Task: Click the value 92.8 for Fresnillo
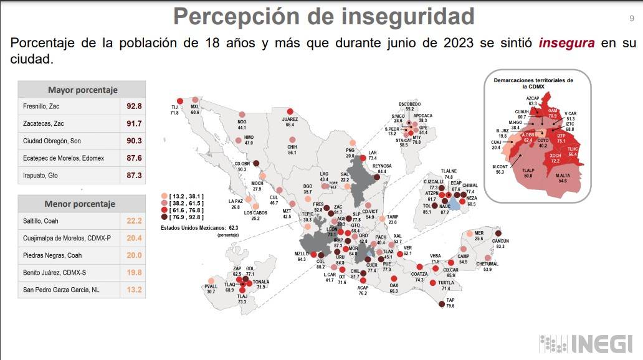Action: pos(132,106)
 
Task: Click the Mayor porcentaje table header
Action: pos(82,90)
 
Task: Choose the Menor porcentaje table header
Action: pos(80,204)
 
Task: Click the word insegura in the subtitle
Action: pos(566,44)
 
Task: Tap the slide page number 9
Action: pos(631,19)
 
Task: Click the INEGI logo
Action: pos(586,344)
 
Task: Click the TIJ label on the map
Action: pos(174,108)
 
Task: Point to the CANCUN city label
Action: pos(500,240)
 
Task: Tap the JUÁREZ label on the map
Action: pos(290,118)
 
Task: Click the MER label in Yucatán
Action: pos(479,233)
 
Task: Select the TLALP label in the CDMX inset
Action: pos(528,169)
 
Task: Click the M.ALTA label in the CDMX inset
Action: pos(563,175)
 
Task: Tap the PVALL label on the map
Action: pos(211,286)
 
